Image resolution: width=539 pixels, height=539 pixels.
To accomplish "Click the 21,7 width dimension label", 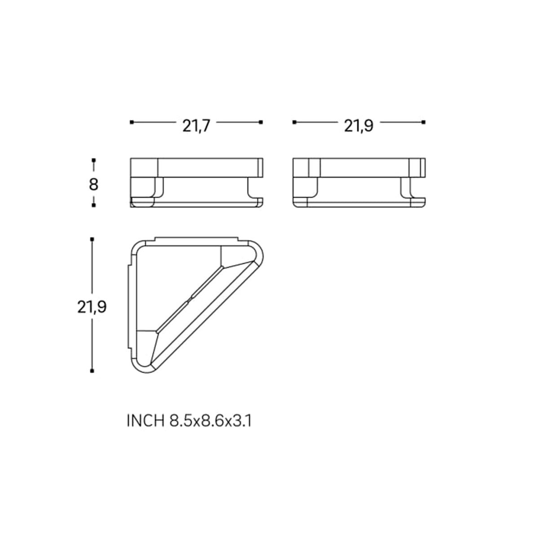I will [x=196, y=126].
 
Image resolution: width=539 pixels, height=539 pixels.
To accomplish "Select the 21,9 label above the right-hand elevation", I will [x=358, y=126].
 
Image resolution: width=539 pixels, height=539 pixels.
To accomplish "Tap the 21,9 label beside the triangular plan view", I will [x=92, y=307].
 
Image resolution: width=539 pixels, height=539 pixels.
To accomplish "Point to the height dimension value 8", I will [x=93, y=185].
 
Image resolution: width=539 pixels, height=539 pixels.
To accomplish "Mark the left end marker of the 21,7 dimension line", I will [x=131, y=122].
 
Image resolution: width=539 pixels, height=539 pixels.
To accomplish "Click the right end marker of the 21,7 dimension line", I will [x=261, y=122].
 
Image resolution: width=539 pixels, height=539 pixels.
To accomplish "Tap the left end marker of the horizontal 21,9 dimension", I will [x=294, y=122].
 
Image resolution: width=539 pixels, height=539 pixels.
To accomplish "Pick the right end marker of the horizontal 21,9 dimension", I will [x=424, y=122].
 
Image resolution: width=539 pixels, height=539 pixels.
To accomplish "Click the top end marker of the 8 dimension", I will [x=93, y=160].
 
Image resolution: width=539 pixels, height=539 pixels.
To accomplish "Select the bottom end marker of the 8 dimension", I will [x=93, y=205].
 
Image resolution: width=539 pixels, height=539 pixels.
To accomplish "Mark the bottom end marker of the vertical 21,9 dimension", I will [x=92, y=371].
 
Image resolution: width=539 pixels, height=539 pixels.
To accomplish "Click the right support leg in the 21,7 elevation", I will [x=251, y=189].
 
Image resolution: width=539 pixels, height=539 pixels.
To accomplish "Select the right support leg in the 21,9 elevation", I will [x=407, y=189].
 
